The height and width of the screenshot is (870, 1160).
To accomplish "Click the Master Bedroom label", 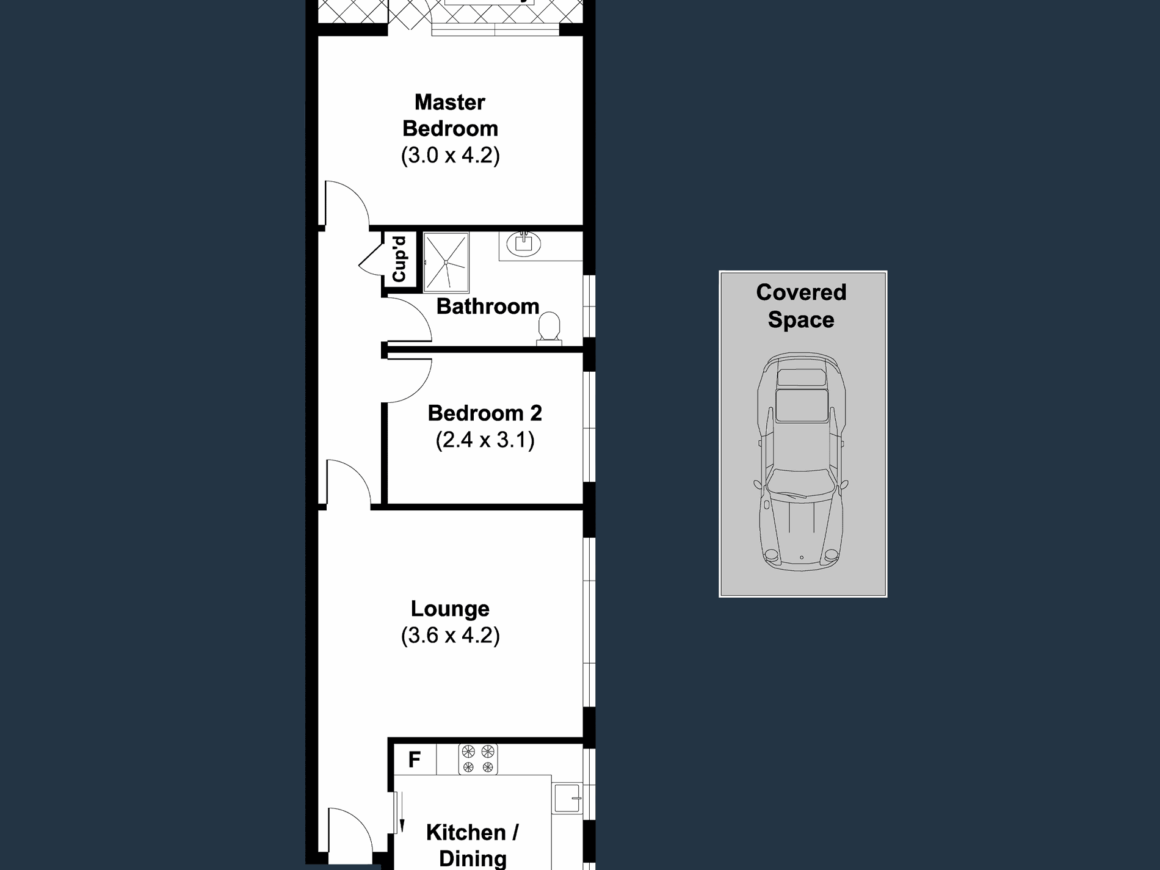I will (450, 115).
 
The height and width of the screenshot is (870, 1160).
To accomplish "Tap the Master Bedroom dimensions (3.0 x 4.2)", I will (450, 155).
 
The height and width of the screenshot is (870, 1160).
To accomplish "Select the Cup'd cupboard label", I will (399, 259).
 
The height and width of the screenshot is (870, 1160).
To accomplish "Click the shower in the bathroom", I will (446, 262).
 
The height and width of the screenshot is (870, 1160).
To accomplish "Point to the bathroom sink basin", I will (524, 244).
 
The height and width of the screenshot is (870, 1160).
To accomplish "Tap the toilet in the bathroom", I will (549, 327).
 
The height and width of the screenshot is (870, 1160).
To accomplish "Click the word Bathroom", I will (487, 306).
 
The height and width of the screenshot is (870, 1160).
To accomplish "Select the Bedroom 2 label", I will (485, 413).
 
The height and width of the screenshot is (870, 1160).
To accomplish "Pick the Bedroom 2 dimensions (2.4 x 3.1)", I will (485, 440).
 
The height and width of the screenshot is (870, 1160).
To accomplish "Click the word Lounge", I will (450, 609).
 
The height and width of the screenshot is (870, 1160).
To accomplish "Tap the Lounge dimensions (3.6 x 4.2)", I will (450, 636).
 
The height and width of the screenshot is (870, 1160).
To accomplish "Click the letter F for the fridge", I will (414, 759).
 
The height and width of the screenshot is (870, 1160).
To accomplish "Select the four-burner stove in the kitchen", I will (478, 759).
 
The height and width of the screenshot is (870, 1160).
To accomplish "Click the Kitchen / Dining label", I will (473, 845).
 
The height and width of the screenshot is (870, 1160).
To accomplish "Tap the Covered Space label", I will (801, 306).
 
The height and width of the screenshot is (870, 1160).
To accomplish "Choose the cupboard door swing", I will (371, 259).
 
